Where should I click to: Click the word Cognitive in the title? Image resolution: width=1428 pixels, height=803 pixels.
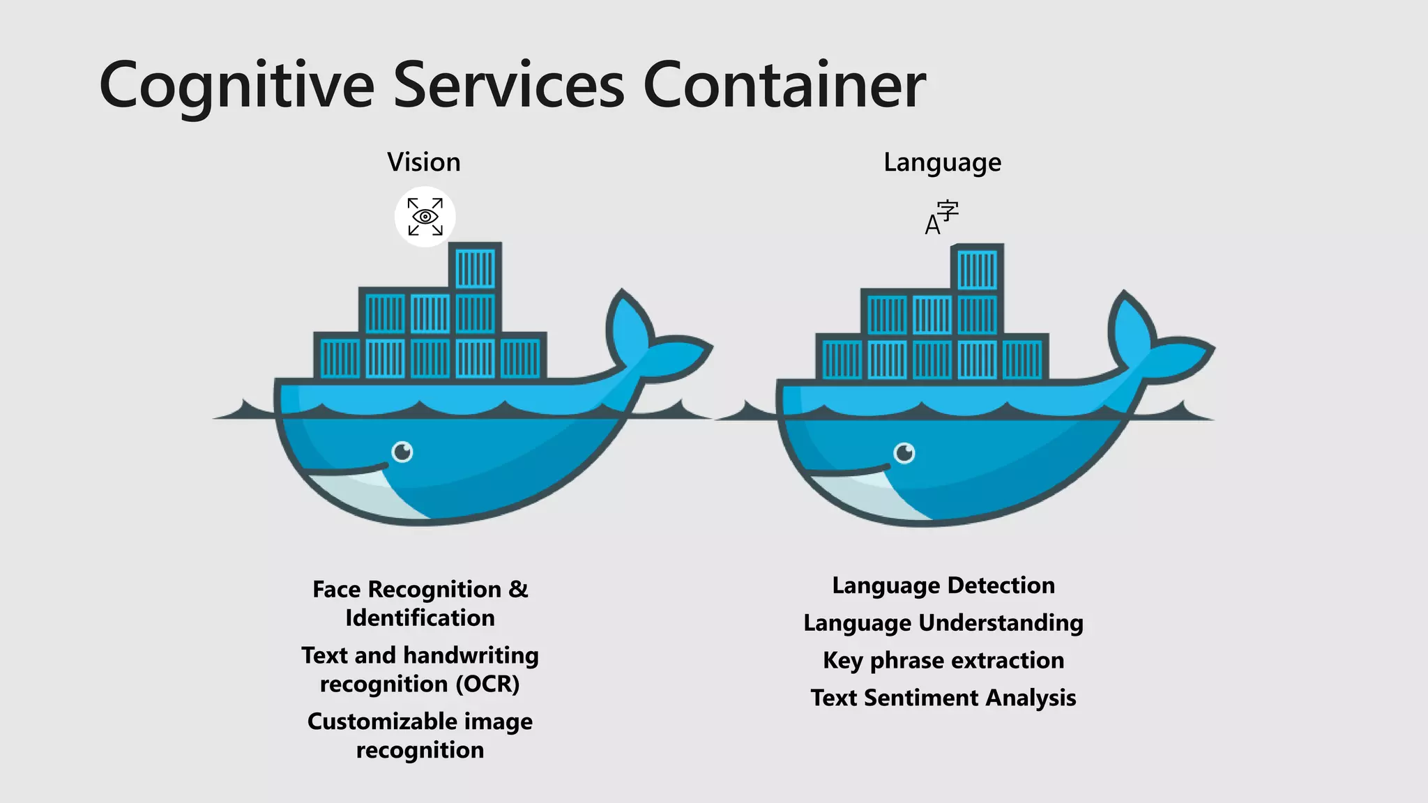[237, 86]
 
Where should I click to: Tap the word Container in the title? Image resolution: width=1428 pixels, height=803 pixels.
[784, 85]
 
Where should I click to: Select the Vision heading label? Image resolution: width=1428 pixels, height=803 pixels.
[424, 162]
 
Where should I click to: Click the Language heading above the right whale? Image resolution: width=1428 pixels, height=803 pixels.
[942, 162]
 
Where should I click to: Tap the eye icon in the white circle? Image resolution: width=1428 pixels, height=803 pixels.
[425, 217]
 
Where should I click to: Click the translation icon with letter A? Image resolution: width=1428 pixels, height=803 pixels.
[941, 217]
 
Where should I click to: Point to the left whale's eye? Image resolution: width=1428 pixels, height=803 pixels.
[402, 452]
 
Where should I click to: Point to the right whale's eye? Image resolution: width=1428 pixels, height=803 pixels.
[904, 453]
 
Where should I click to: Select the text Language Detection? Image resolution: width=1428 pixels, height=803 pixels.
[943, 586]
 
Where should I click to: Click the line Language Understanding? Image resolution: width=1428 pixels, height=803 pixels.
[943, 623]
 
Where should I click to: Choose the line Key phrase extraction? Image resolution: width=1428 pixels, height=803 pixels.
[943, 660]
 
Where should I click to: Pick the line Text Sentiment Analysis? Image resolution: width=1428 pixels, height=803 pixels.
[943, 698]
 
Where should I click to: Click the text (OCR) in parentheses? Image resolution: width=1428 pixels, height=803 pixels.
[487, 685]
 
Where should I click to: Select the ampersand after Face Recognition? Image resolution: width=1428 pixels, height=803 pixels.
[518, 590]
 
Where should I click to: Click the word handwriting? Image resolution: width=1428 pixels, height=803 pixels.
[471, 656]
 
